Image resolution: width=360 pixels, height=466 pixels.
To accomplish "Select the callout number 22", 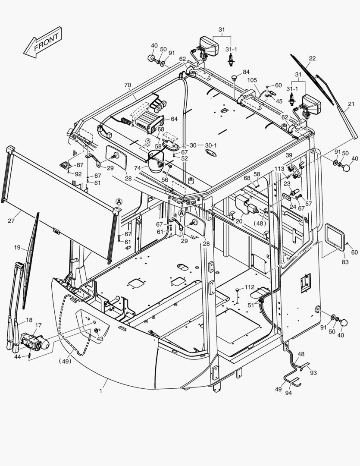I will (x=312, y=59).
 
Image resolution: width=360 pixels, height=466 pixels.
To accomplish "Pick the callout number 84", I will (x=246, y=72).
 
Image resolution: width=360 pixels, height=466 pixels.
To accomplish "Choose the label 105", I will (x=252, y=80).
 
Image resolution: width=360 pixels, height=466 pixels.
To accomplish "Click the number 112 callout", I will (x=250, y=287).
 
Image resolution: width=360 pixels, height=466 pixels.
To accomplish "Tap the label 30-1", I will (x=211, y=145).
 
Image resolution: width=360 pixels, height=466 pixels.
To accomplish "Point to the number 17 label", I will (x=38, y=325).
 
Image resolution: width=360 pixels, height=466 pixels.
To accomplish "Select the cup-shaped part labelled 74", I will (x=156, y=160).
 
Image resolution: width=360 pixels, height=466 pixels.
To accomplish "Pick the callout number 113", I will (x=279, y=169).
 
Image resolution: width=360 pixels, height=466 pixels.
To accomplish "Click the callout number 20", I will (x=239, y=221).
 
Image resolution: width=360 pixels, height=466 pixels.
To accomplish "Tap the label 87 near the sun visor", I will (x=80, y=165).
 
